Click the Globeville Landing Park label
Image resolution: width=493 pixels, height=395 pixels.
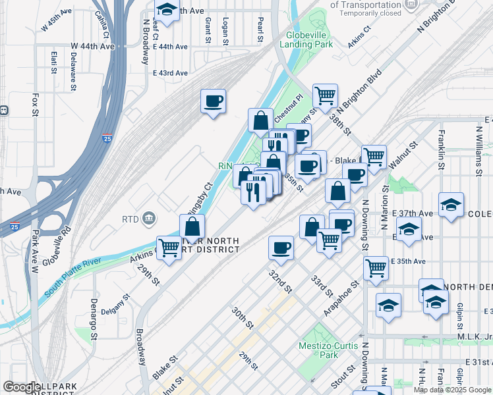click(x=306, y=39)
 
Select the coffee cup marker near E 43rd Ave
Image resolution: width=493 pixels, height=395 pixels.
click(x=213, y=101)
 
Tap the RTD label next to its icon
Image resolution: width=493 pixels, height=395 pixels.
click(x=130, y=219)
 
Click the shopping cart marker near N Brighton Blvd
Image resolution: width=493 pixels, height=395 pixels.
click(x=325, y=96)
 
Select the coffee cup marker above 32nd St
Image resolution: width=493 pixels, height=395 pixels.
click(x=281, y=248)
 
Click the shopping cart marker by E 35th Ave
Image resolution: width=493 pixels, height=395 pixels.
click(x=375, y=268)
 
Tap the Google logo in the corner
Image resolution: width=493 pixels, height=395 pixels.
click(x=22, y=387)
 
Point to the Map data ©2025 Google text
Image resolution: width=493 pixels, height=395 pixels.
click(x=453, y=390)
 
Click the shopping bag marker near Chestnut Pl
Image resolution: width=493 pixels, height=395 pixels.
click(x=261, y=120)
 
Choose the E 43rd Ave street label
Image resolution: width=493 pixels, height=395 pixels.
click(x=170, y=73)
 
